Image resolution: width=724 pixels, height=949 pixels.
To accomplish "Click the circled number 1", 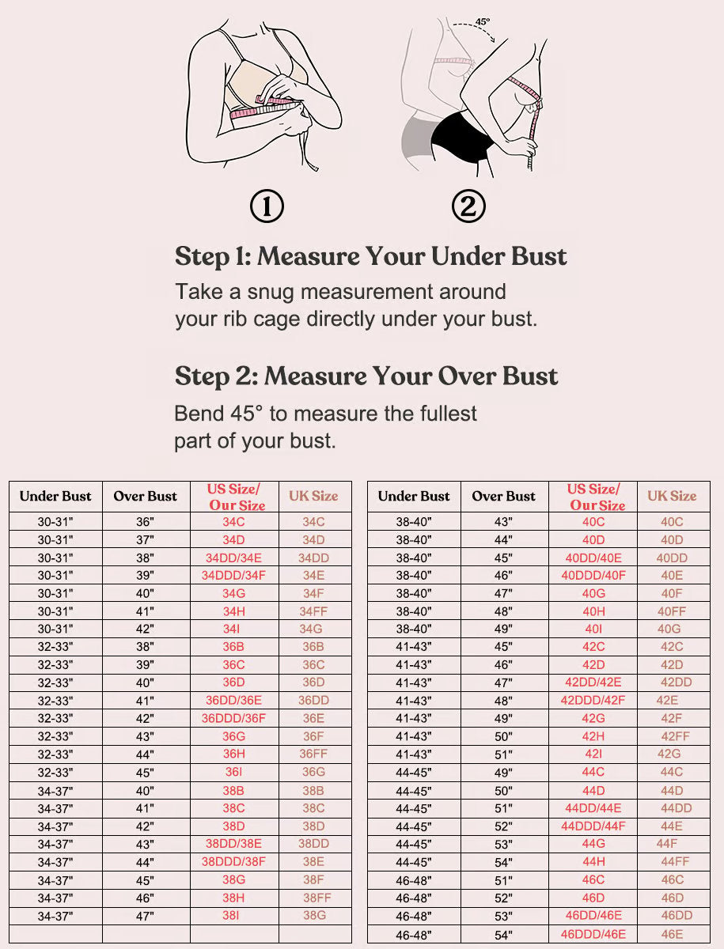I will [x=267, y=207].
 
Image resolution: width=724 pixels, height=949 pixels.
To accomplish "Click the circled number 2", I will [x=468, y=207].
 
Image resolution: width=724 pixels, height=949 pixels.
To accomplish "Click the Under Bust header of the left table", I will [x=55, y=497].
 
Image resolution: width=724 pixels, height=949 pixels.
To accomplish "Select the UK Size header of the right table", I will [x=672, y=496].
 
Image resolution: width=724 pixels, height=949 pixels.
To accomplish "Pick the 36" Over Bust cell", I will [x=146, y=522].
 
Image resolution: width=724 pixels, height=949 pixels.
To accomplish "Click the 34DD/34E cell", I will [x=233, y=558].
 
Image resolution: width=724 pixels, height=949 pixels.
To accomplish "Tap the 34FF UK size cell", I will [x=313, y=611].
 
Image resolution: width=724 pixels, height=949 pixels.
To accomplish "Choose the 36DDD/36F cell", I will [x=233, y=718].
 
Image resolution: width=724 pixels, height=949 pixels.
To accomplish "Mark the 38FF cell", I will [x=317, y=898].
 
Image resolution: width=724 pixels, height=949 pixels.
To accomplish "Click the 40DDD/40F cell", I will [x=593, y=576].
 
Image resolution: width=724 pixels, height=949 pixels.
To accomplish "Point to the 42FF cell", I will [x=675, y=736].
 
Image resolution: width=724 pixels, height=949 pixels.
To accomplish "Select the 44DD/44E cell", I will [x=593, y=808].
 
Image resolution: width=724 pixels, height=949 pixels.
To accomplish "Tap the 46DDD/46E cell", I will [x=593, y=933].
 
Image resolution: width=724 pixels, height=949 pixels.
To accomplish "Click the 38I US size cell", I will [x=231, y=916].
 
